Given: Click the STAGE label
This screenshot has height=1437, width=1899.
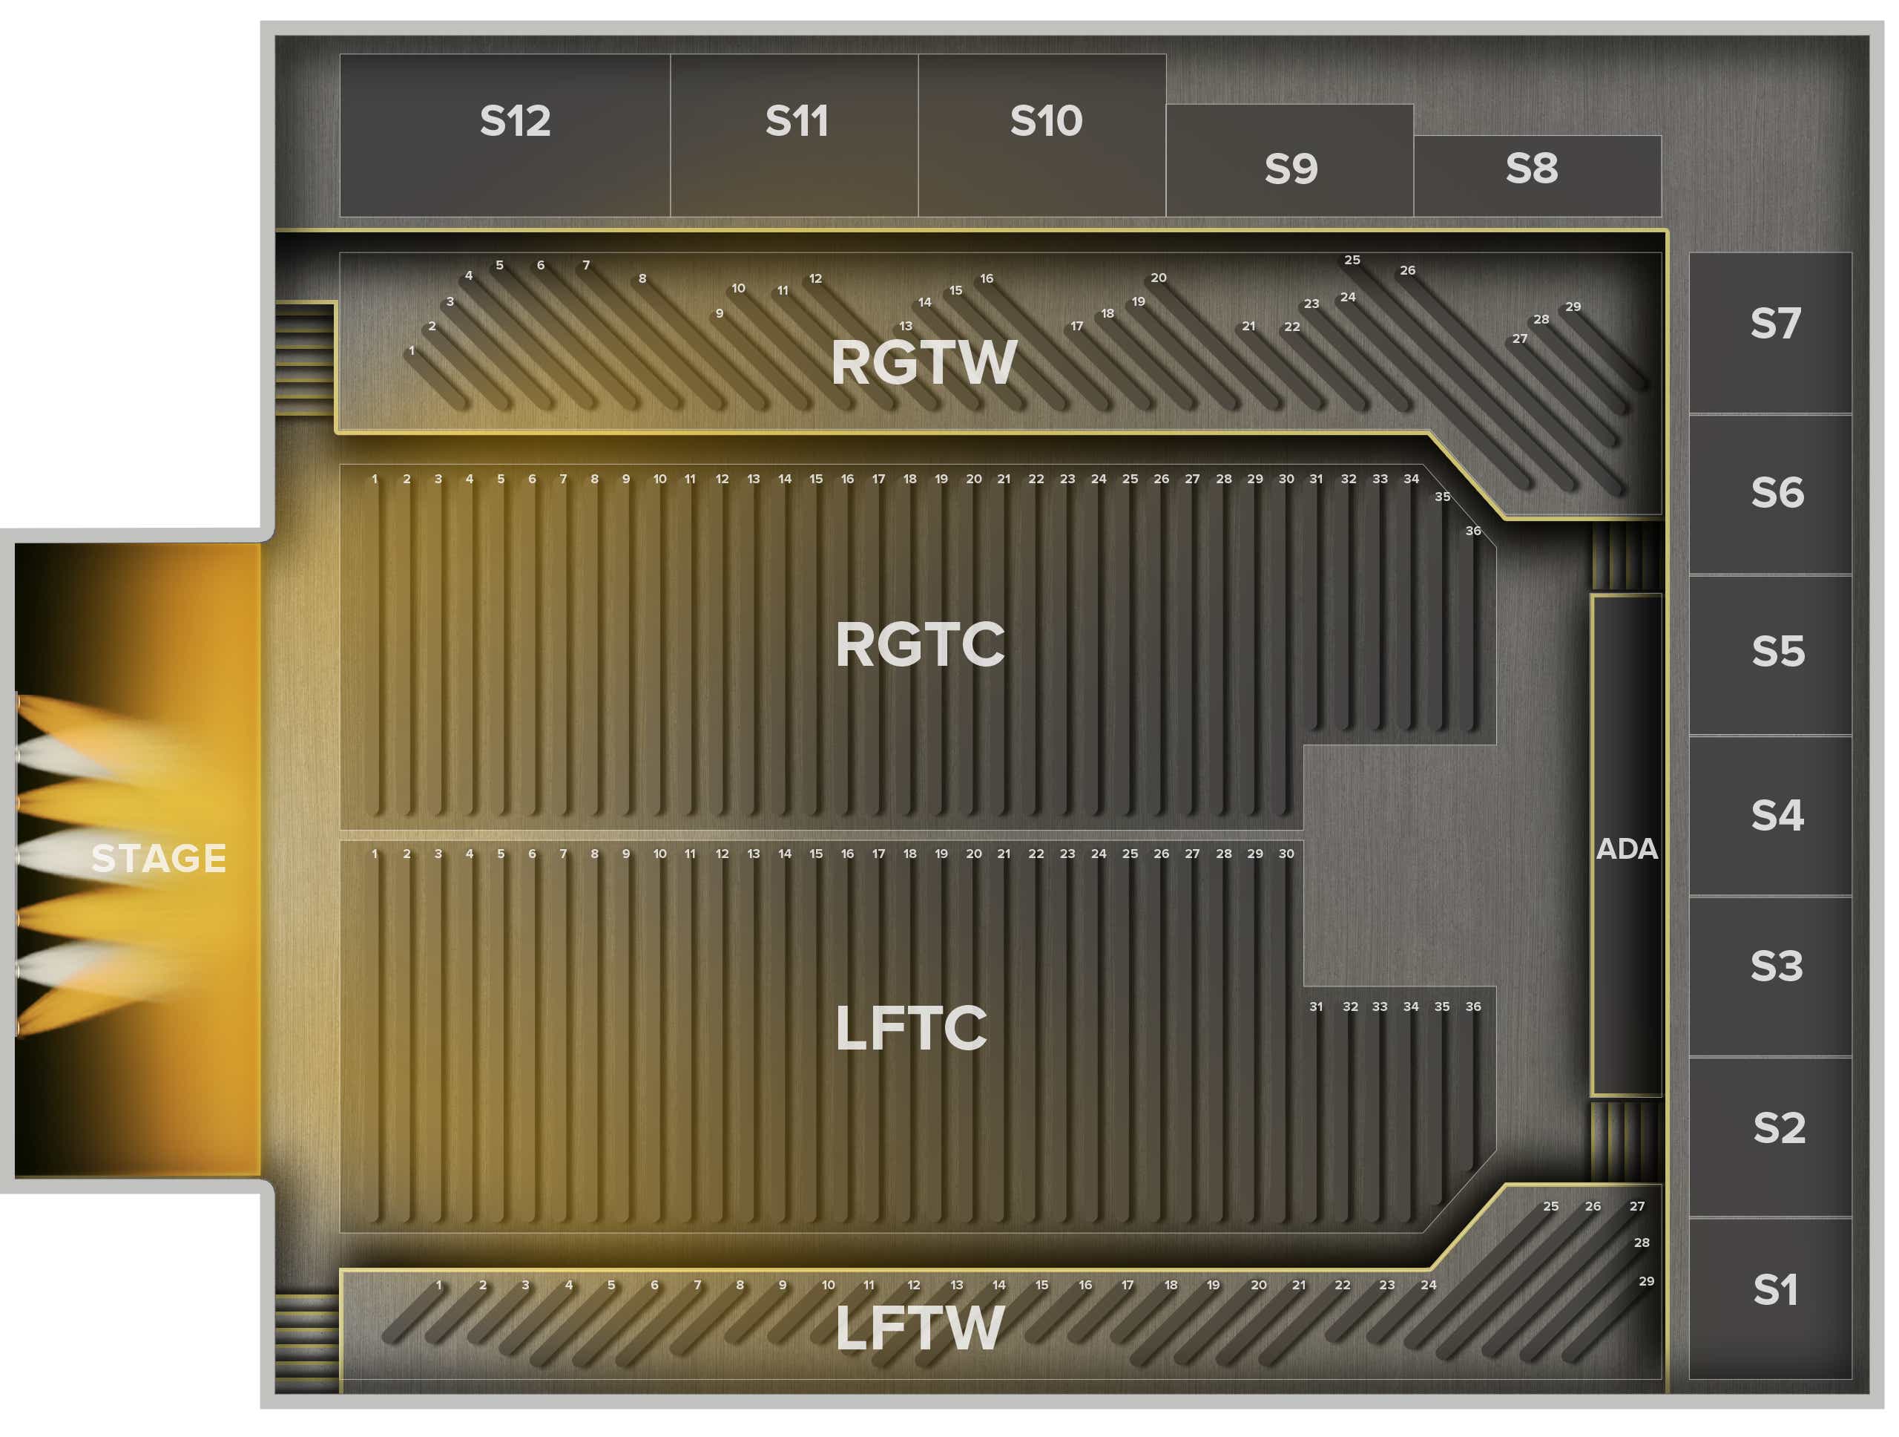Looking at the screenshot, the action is (159, 858).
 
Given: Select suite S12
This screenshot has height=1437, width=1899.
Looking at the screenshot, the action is (505, 135).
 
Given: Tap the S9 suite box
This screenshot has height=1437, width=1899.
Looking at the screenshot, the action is (1289, 160).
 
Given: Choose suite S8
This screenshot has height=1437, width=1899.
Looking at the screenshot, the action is (1538, 176).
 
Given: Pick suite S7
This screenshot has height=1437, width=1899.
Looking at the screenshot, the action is (1770, 333).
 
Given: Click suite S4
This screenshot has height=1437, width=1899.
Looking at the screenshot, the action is (1770, 816).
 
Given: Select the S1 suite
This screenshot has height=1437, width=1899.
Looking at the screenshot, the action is (1770, 1298).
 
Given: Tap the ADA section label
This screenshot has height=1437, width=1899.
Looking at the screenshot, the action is (1627, 848).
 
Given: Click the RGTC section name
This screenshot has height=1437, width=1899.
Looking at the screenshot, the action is (919, 644).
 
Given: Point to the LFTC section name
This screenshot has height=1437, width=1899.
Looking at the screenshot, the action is (911, 1027).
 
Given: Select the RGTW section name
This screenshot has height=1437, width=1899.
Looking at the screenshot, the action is (924, 361).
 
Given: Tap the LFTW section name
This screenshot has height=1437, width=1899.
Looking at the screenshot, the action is (919, 1328).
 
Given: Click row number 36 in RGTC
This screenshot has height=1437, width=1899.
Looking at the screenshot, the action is (1473, 531).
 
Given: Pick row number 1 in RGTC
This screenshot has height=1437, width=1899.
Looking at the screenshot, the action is (375, 479).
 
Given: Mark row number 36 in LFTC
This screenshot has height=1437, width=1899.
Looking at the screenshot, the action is (1473, 1006).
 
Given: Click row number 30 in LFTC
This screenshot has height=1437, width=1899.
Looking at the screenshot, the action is (1286, 853).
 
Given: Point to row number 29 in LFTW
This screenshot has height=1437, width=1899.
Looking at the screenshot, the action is (1647, 1280).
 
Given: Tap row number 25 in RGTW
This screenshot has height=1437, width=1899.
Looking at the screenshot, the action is (1352, 259).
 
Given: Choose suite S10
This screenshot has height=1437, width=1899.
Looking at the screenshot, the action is (1042, 135).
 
